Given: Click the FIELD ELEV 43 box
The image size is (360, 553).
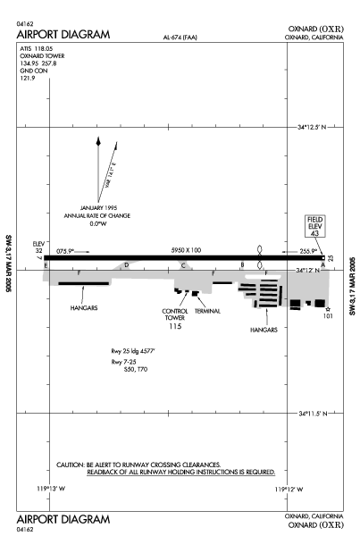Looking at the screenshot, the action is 314,226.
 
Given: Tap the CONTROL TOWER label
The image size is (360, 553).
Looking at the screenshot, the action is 175,314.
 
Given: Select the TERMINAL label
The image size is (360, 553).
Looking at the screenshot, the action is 207,311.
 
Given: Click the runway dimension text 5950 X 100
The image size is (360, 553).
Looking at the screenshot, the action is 186,250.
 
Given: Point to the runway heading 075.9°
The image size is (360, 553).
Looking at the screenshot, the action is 65,251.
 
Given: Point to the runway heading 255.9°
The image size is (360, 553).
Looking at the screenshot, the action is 308,251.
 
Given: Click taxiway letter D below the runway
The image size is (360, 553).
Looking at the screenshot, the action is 126,264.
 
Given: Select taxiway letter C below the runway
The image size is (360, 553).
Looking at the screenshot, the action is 183,265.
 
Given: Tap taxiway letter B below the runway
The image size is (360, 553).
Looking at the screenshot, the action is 242,264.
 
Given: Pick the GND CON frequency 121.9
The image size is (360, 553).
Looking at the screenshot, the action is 28,79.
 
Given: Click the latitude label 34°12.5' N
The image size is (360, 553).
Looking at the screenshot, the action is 312,127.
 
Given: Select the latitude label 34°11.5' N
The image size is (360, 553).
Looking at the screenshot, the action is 313,414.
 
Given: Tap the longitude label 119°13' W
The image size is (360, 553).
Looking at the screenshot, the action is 51,489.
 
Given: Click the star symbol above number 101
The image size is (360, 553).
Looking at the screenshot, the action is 328,309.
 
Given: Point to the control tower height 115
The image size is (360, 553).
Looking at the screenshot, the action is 175,327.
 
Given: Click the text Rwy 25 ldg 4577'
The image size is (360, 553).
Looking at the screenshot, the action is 133,351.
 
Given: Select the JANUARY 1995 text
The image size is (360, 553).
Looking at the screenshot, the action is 99,208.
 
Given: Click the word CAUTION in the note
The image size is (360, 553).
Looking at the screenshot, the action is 71,465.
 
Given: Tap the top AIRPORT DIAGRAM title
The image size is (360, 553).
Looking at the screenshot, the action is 63,35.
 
